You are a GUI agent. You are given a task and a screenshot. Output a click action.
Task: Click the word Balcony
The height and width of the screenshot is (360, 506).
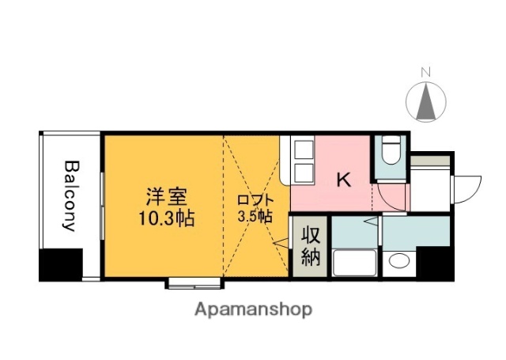(x=70, y=195)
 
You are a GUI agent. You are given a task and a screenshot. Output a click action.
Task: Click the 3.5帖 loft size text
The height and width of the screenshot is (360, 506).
(x=255, y=215)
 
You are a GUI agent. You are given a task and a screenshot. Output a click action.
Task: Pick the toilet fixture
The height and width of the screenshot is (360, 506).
(x=390, y=150)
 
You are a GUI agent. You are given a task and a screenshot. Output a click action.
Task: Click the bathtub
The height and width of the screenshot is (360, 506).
(x=353, y=262)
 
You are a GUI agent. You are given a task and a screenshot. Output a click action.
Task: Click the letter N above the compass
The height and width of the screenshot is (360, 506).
(x=425, y=74)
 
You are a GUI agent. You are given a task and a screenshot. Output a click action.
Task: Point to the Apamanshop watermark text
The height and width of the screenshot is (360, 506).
(x=253, y=309)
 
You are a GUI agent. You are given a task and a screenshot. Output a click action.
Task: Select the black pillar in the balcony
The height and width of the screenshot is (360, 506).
(x=61, y=265)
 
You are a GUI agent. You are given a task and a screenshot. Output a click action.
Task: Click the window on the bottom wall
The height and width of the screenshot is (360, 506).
(x=194, y=281)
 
